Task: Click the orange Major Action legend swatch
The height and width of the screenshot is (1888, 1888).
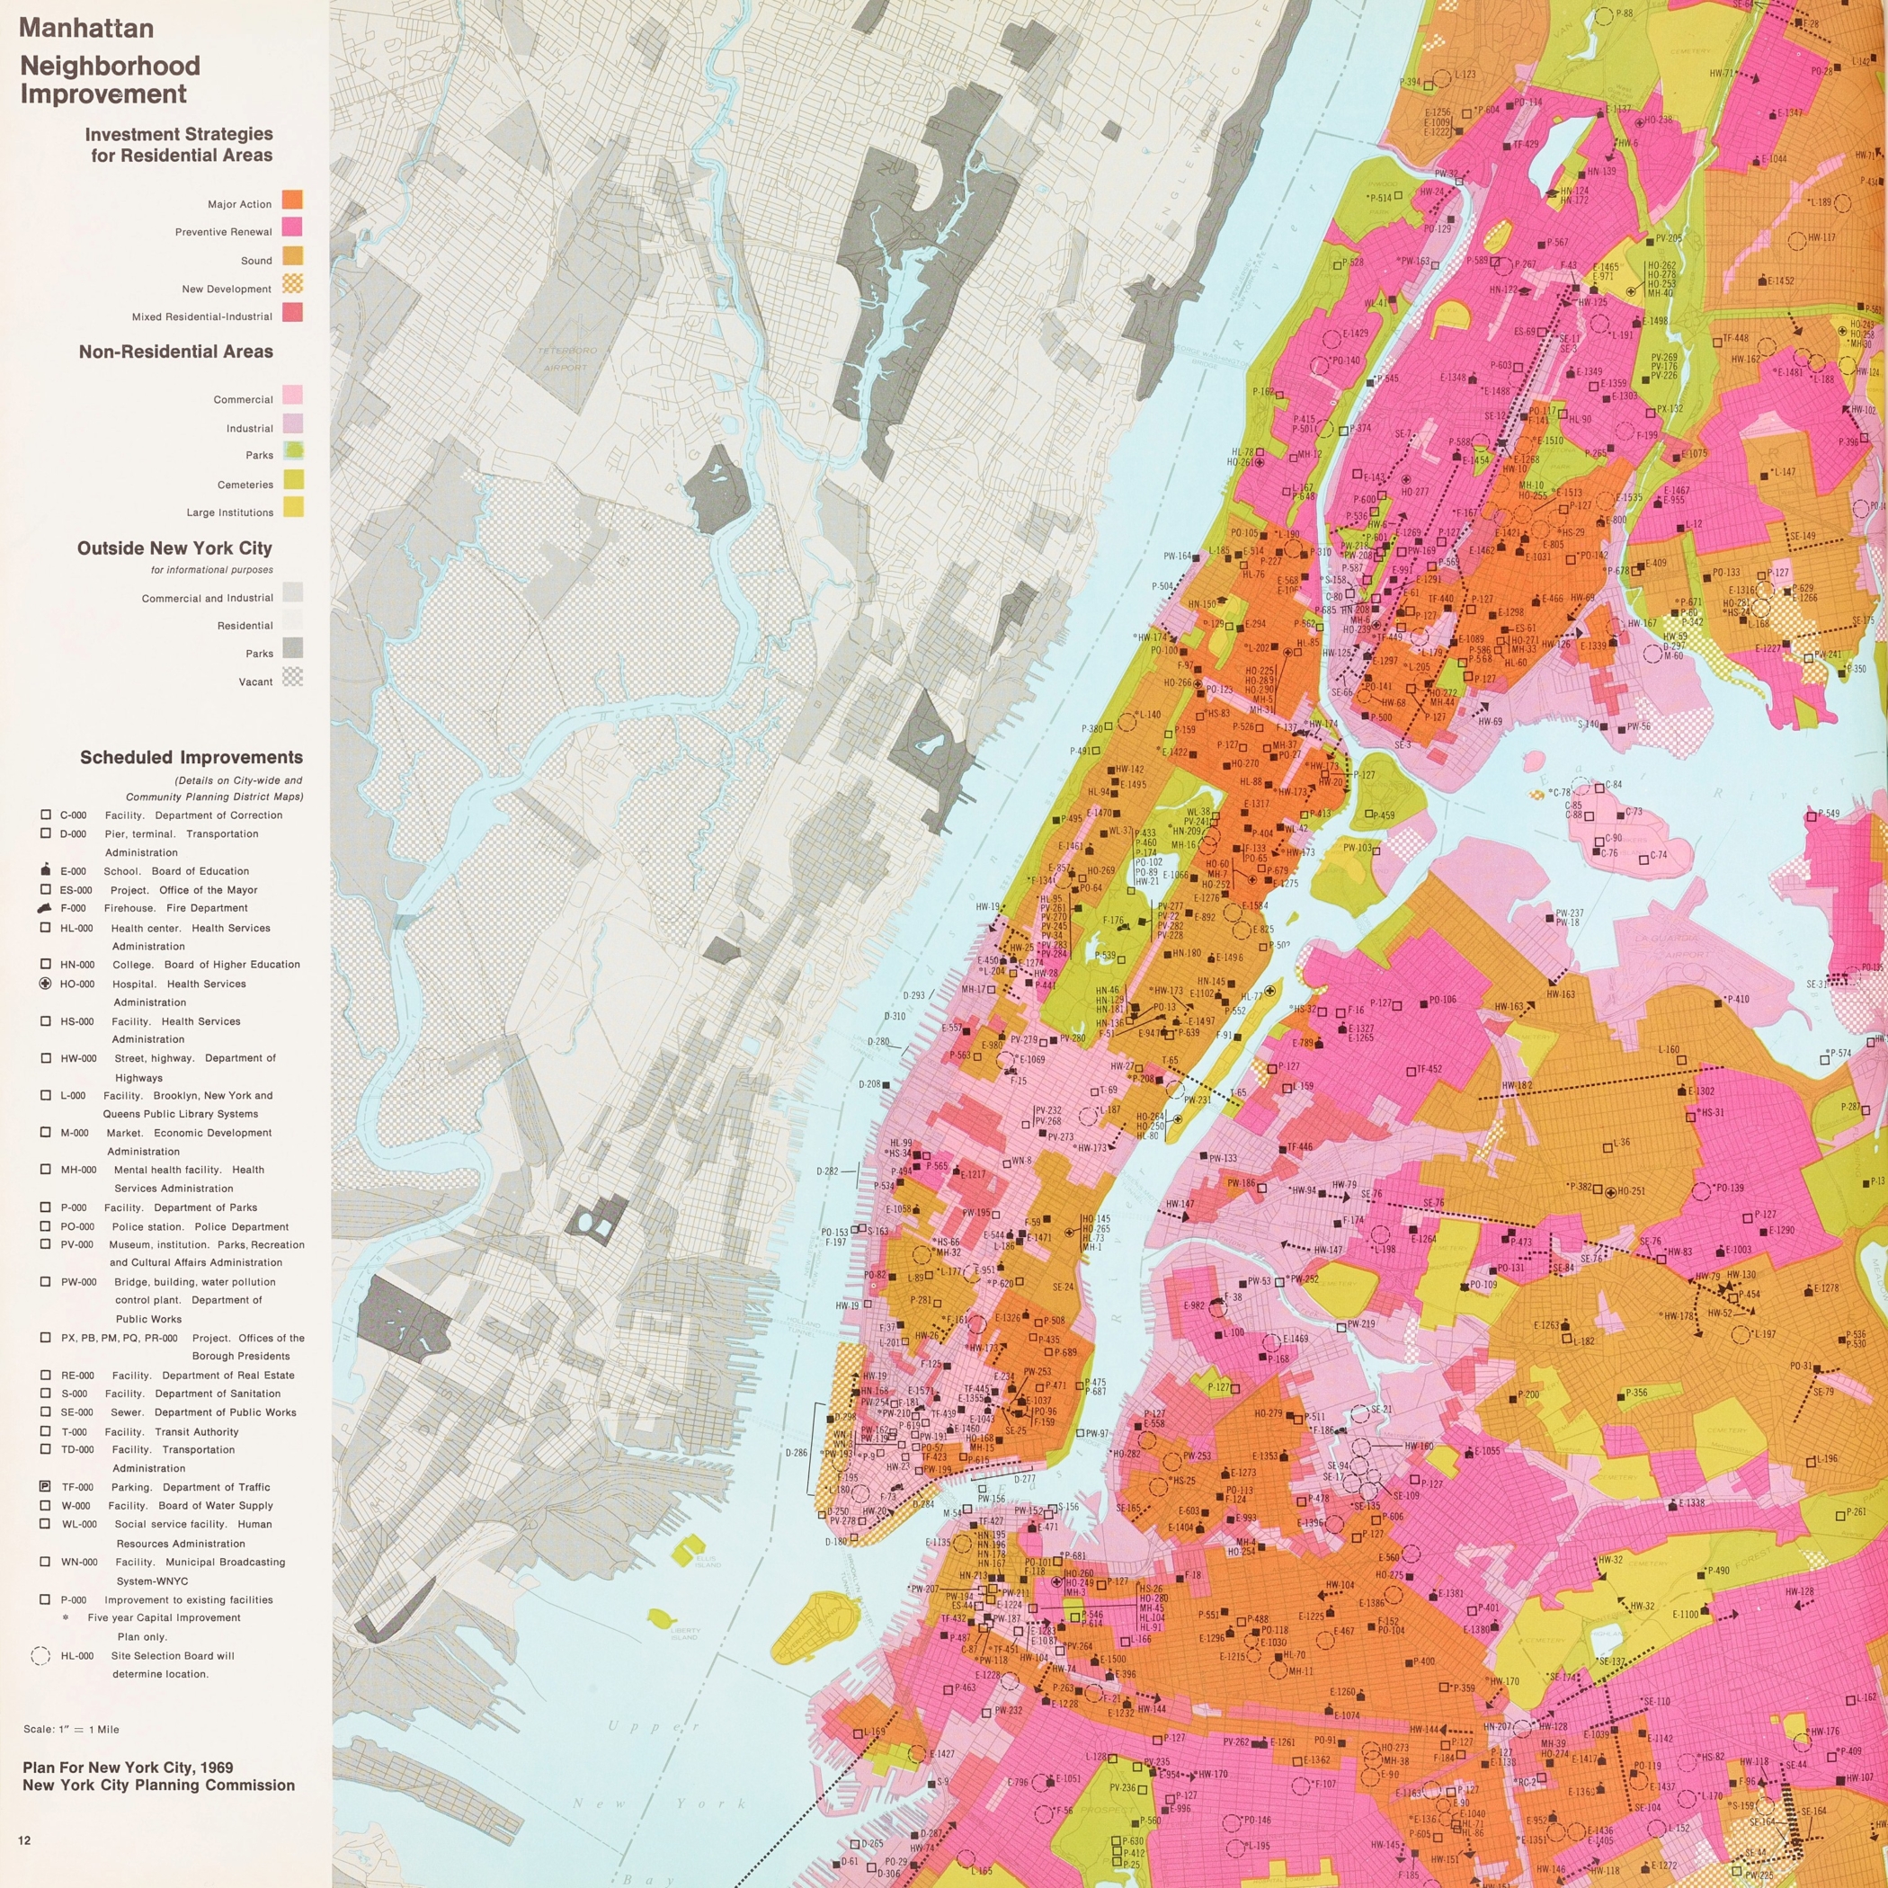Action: [292, 200]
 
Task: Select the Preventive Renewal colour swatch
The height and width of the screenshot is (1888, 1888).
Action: [292, 227]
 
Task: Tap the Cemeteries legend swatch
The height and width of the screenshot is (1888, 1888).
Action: [292, 480]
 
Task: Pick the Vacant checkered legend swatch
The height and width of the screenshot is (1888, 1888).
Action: [292, 677]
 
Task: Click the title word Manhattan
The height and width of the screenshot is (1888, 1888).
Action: [86, 29]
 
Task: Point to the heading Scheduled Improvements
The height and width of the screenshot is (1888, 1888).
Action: [191, 757]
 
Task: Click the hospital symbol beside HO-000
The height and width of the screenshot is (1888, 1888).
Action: [45, 983]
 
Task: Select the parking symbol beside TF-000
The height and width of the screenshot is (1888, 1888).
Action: [45, 1486]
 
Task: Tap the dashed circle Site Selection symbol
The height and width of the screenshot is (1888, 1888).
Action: [41, 1655]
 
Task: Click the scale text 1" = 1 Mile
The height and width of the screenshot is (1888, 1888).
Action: [71, 1730]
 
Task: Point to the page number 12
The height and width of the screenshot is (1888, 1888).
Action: [24, 1840]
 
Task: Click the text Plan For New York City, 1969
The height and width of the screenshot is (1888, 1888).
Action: [128, 1768]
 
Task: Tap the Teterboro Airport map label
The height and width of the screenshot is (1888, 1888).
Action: [566, 359]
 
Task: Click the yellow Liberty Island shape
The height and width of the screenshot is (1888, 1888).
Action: [663, 1618]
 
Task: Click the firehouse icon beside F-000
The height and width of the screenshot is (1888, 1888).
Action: [45, 908]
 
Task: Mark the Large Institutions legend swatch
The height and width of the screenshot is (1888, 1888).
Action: [292, 507]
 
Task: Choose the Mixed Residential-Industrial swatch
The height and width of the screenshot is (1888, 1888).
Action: [292, 313]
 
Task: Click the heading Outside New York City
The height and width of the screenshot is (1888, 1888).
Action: [175, 548]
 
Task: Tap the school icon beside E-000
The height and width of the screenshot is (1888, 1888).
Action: [45, 869]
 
